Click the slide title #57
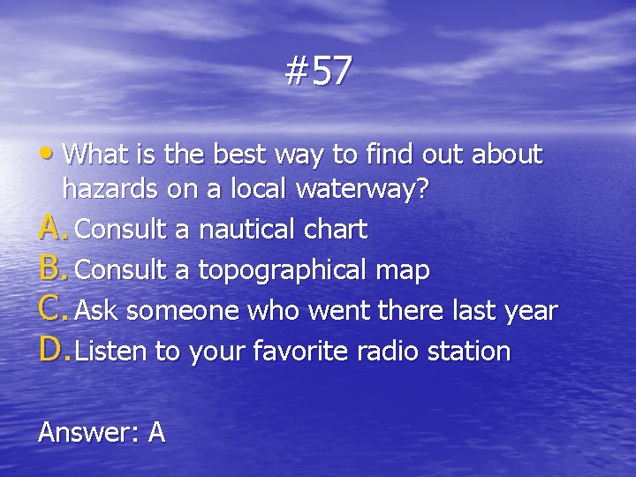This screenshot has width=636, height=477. (318, 72)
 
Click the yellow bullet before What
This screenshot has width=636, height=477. (54, 155)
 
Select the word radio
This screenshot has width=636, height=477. (384, 352)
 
